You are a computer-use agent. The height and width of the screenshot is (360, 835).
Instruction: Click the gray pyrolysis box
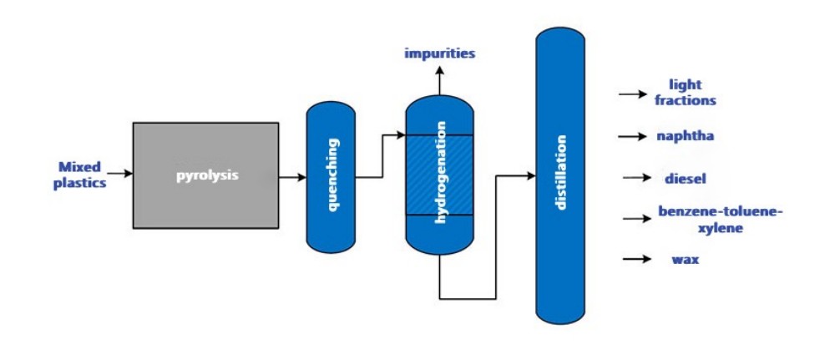pyautogui.click(x=205, y=175)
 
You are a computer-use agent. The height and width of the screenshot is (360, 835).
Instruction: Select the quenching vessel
pyautogui.click(x=332, y=176)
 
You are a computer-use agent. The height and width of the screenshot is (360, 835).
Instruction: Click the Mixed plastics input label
pyautogui.click(x=80, y=175)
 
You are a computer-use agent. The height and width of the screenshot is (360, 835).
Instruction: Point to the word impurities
pyautogui.click(x=439, y=54)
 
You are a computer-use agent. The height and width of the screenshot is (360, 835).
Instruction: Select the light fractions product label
pyautogui.click(x=685, y=92)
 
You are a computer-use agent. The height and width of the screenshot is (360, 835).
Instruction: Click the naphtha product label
pyautogui.click(x=685, y=134)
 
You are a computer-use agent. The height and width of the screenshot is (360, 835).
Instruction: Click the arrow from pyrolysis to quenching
pyautogui.click(x=292, y=177)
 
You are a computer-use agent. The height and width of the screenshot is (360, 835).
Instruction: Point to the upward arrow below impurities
pyautogui.click(x=439, y=81)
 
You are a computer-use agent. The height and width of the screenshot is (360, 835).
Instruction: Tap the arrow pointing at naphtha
pyautogui.click(x=633, y=134)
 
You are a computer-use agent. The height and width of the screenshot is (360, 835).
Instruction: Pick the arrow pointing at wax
pyautogui.click(x=637, y=259)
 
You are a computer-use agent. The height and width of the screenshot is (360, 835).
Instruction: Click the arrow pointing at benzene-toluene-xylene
pyautogui.click(x=637, y=219)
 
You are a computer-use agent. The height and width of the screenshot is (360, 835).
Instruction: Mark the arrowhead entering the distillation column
pyautogui.click(x=530, y=176)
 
